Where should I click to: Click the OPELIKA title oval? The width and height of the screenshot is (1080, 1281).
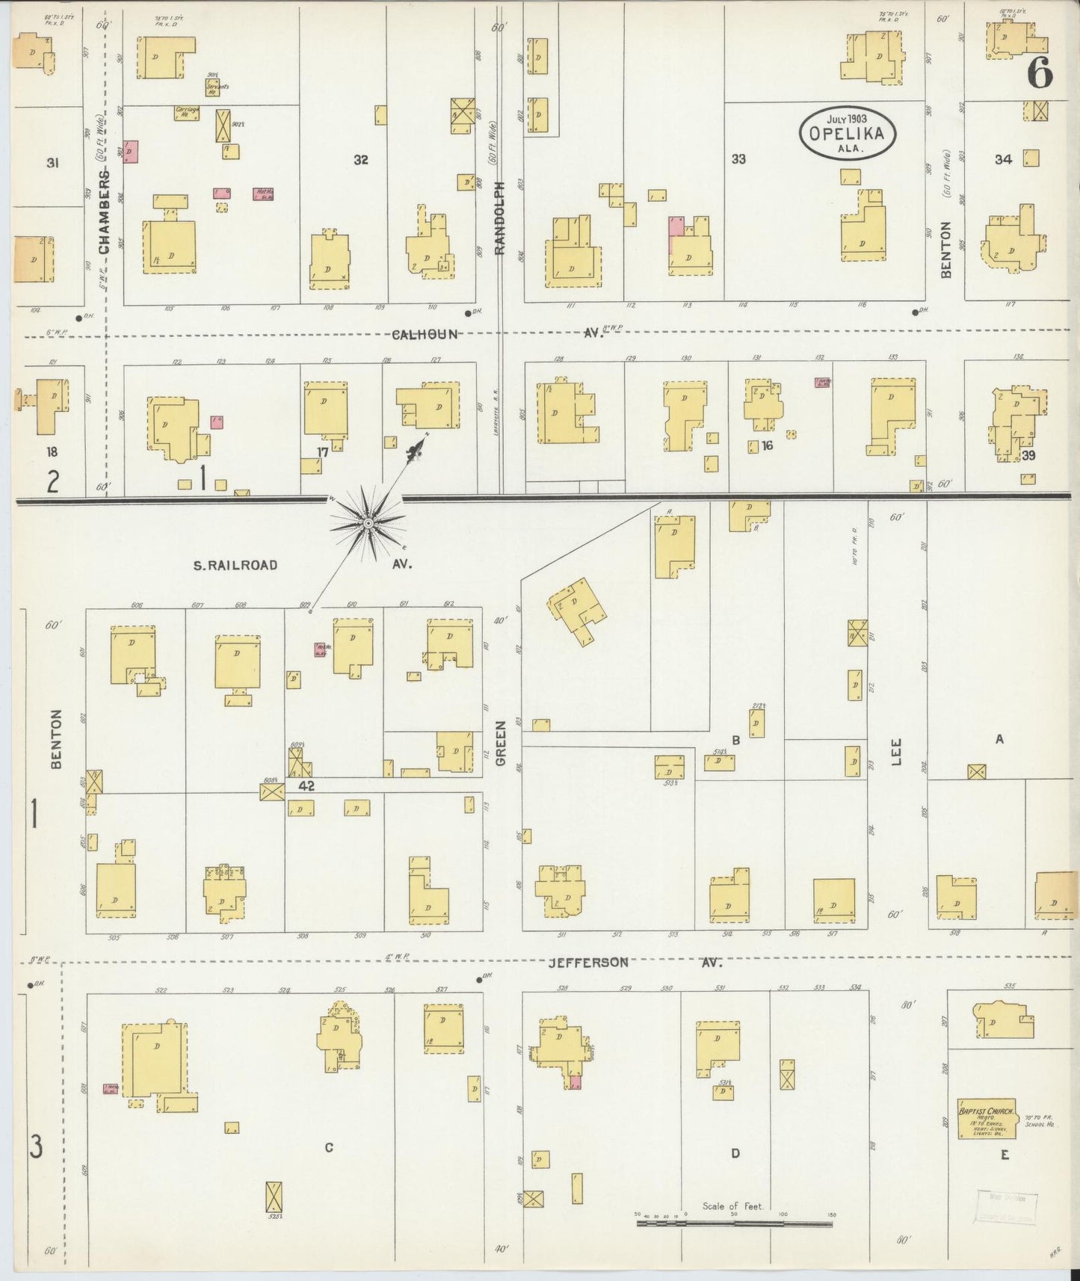[848, 133]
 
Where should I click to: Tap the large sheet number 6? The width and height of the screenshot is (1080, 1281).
[1040, 73]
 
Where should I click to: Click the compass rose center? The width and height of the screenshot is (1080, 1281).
[367, 524]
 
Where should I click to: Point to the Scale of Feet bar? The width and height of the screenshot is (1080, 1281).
[735, 1223]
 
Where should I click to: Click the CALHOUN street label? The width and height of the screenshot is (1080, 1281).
[425, 335]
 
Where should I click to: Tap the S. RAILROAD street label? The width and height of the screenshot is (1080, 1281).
[235, 565]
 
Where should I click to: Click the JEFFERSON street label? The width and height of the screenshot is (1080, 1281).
[588, 963]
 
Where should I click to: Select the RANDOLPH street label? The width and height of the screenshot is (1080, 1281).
[500, 217]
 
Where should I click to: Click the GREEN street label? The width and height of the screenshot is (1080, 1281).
[501, 743]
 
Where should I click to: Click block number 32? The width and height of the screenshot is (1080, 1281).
[361, 160]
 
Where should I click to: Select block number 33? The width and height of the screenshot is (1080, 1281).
[738, 159]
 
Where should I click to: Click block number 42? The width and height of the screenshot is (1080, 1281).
[306, 785]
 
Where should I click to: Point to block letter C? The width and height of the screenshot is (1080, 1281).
[329, 1147]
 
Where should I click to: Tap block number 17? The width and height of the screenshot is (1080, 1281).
[322, 452]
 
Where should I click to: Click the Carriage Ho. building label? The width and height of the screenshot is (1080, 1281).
[187, 111]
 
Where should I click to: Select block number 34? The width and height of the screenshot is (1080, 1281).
[1003, 159]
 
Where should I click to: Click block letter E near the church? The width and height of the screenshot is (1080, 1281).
[1005, 1155]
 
